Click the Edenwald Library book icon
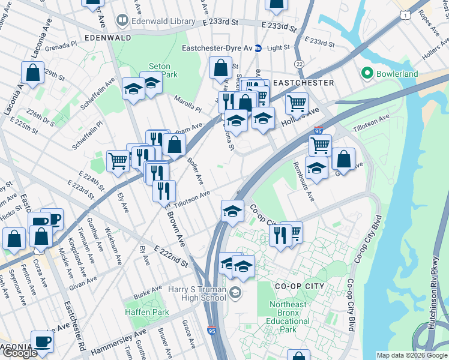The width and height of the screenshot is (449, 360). click(x=123, y=20)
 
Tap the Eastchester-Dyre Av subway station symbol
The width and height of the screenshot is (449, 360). click(x=258, y=48)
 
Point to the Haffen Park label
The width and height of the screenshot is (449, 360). click(x=147, y=312)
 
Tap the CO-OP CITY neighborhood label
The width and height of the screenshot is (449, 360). click(x=298, y=286)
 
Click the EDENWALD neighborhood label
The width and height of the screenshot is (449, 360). click(x=108, y=37)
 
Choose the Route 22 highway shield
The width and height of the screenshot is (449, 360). click(x=299, y=64)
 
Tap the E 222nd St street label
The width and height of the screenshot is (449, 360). click(x=171, y=256)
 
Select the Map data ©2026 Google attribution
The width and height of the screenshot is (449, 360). click(x=411, y=355)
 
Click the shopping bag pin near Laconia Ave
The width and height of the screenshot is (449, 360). click(x=33, y=73)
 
